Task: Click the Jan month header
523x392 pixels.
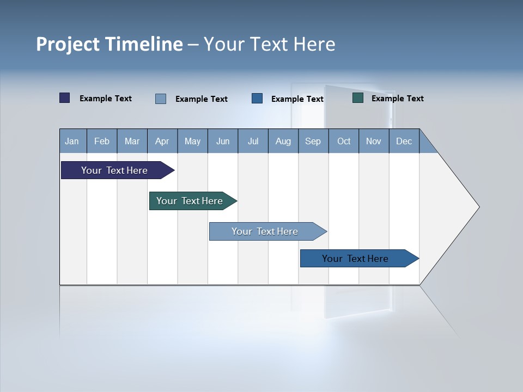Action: pyautogui.click(x=72, y=141)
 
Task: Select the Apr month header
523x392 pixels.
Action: pyautogui.click(x=162, y=141)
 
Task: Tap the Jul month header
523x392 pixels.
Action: pyautogui.click(x=253, y=141)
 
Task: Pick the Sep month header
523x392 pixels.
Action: pyautogui.click(x=313, y=141)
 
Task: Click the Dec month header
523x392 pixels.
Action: pyautogui.click(x=404, y=141)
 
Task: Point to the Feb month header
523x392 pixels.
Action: pyautogui.click(x=102, y=141)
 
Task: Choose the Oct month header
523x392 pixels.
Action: pyautogui.click(x=344, y=141)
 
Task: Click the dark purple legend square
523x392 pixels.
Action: pyautogui.click(x=65, y=98)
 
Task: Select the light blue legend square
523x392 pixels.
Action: pyautogui.click(x=161, y=99)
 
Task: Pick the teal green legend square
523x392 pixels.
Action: pyautogui.click(x=358, y=98)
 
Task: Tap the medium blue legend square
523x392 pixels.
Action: pyautogui.click(x=257, y=99)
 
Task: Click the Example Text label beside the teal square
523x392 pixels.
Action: pyautogui.click(x=397, y=99)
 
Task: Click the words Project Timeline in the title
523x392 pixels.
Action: pyautogui.click(x=109, y=44)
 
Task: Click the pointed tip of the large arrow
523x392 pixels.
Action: pyautogui.click(x=478, y=207)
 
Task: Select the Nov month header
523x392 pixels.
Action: pyautogui.click(x=374, y=141)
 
